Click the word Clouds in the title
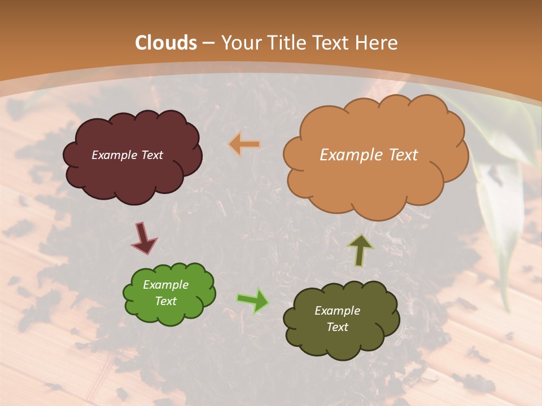tap(166, 43)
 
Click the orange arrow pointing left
tap(244, 144)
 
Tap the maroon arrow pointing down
tap(144, 239)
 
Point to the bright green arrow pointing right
tap(253, 301)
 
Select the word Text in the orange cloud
tap(401, 155)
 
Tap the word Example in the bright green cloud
tap(165, 285)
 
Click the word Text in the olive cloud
tap(337, 327)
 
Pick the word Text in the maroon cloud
tap(151, 155)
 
